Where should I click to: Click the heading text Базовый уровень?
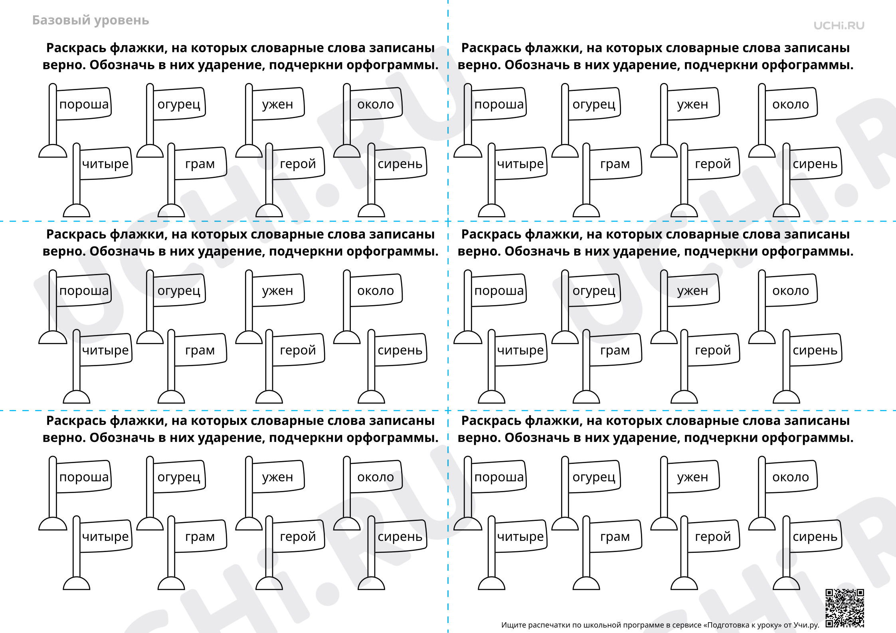pyautogui.click(x=91, y=21)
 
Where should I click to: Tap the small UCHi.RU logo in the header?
pyautogui.click(x=839, y=26)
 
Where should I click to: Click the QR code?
pyautogui.click(x=845, y=608)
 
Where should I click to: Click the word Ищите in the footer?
pyautogui.click(x=513, y=625)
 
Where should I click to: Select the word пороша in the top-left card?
pyautogui.click(x=84, y=105)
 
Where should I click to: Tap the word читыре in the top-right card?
pyautogui.click(x=520, y=164)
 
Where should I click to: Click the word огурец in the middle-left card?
pyautogui.click(x=179, y=291)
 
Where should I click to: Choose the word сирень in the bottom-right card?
pyautogui.click(x=815, y=537)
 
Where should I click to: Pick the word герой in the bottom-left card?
pyautogui.click(x=298, y=537)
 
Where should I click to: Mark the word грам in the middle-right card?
pyautogui.click(x=615, y=351)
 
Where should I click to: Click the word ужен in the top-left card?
pyautogui.click(x=277, y=105)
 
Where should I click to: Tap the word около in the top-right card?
pyautogui.click(x=791, y=105)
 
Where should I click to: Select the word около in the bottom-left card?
pyautogui.click(x=376, y=477)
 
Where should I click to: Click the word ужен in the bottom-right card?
pyautogui.click(x=692, y=477)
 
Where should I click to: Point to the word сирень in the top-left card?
pyautogui.click(x=400, y=164)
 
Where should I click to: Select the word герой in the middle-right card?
pyautogui.click(x=713, y=351)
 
